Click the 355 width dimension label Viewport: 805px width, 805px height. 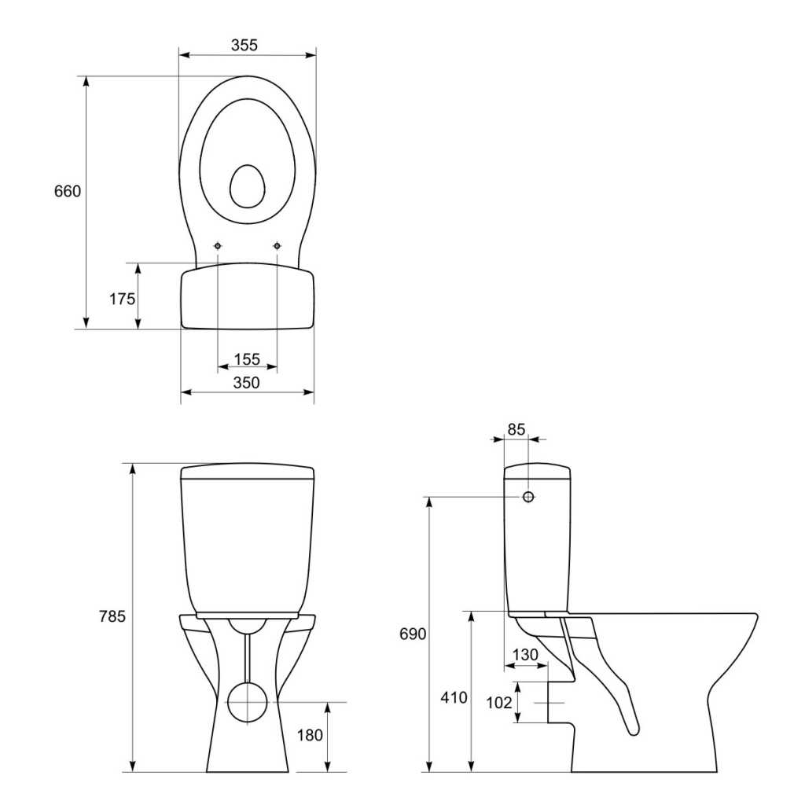pos(244,45)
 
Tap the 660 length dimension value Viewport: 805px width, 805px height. pos(68,191)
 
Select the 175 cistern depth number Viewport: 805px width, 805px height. pos(122,298)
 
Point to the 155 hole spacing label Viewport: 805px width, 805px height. pos(248,358)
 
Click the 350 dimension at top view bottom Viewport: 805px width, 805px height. pos(247,383)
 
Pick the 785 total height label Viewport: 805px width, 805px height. pos(112,616)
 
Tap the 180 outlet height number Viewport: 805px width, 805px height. pos(310,735)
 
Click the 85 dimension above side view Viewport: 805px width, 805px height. pos(516,428)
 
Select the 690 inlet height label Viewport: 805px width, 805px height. pos(413,634)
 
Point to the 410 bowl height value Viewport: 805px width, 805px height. pos(454,697)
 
